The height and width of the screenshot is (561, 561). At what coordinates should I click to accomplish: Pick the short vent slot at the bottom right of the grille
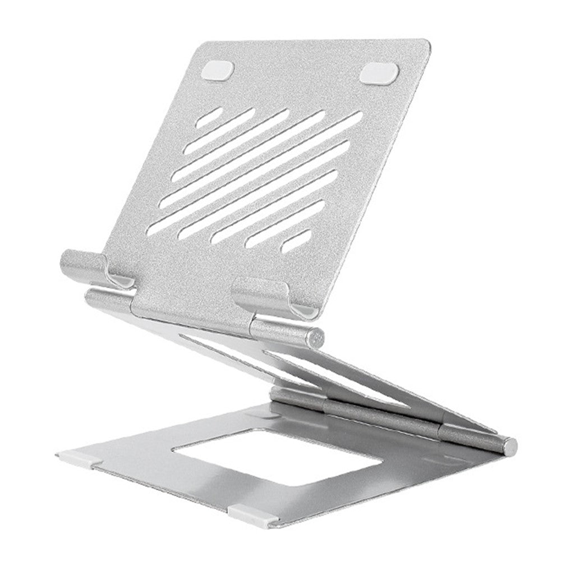pos(296,241)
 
